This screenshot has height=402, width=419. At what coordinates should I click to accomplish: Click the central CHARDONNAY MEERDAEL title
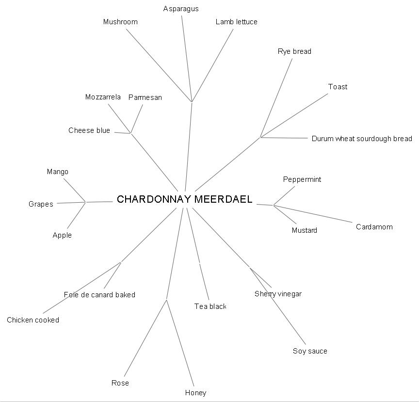pos(185,199)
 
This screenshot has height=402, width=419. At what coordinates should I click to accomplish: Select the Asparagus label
pos(181,9)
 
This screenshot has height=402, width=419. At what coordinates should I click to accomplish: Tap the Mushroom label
pos(120,22)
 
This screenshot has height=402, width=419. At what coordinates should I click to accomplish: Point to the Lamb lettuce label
pos(237,22)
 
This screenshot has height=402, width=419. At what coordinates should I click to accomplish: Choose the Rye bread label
pos(294,51)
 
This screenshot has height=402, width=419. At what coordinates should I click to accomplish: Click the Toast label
pos(338,87)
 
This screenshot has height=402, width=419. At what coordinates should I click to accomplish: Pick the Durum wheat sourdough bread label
pos(362,139)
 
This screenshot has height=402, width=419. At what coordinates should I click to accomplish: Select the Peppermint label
pos(302,179)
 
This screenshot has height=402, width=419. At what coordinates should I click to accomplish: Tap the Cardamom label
pos(374,227)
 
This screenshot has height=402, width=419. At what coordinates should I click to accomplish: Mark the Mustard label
pos(304,230)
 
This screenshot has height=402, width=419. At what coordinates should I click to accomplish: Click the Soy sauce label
pos(310,351)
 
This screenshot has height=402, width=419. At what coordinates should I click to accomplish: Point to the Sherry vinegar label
pos(278,294)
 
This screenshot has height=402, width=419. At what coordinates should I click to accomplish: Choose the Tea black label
pos(210,306)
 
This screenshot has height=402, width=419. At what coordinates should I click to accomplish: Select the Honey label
pos(195,393)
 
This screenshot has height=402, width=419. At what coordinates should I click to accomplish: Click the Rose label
pos(120,383)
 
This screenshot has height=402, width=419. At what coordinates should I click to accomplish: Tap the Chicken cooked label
pos(33,320)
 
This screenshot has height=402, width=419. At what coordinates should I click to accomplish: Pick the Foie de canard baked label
pos(99,295)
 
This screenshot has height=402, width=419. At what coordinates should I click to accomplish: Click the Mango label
pos(58,172)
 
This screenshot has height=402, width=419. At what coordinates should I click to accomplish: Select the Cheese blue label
pos(89,130)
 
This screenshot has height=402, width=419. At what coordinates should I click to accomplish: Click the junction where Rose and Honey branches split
pos(167,300)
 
